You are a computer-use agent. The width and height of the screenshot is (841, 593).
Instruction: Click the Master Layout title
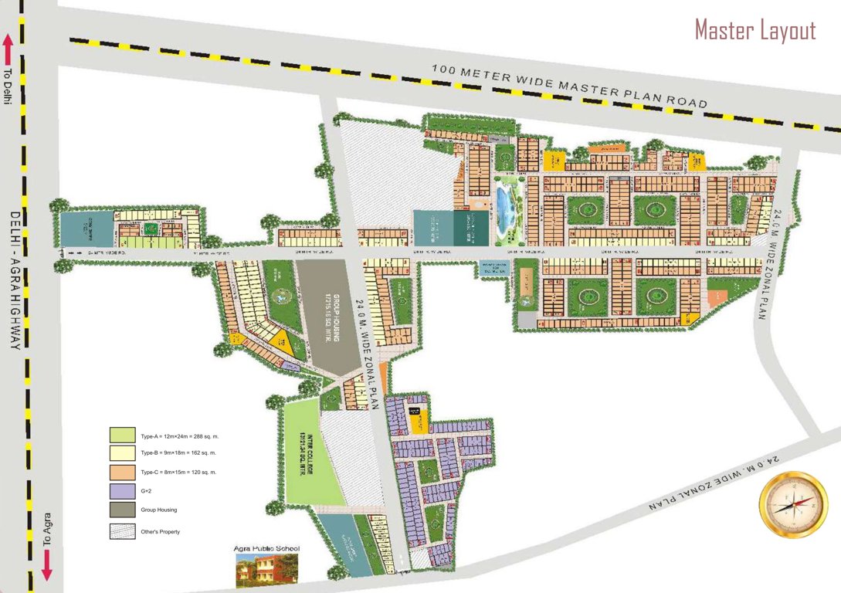pos(755,30)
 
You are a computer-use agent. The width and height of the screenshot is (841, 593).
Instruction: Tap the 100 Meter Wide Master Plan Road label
pos(569,85)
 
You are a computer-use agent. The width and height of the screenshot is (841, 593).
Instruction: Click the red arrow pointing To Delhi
pos(8,49)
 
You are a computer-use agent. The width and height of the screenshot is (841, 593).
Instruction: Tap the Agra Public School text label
pos(266,549)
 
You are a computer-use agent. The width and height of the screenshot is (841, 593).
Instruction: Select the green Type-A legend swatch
pos(122,435)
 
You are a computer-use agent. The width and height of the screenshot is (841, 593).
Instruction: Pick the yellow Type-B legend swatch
pos(122,452)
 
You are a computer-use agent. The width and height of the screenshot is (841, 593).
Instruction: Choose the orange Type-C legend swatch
pos(122,472)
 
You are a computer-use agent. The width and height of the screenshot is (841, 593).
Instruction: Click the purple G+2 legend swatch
pos(122,491)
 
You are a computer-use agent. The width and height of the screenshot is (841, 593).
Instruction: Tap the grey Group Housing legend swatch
pos(122,510)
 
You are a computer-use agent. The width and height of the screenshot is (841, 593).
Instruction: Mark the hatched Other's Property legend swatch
pos(122,531)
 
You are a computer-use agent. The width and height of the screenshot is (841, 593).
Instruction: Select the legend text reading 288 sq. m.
pos(202,435)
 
